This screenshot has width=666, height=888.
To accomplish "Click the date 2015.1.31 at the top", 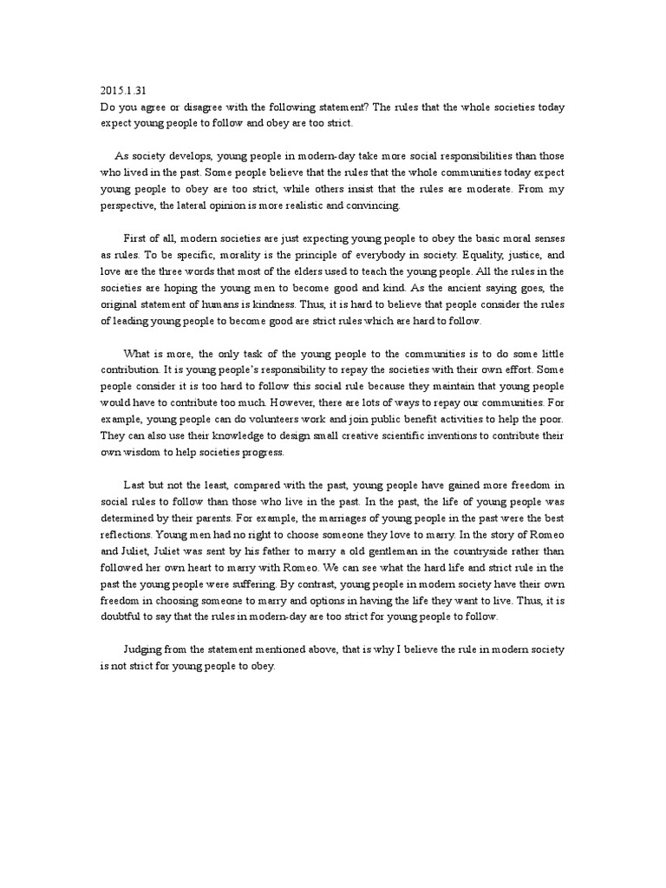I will pos(119,91).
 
